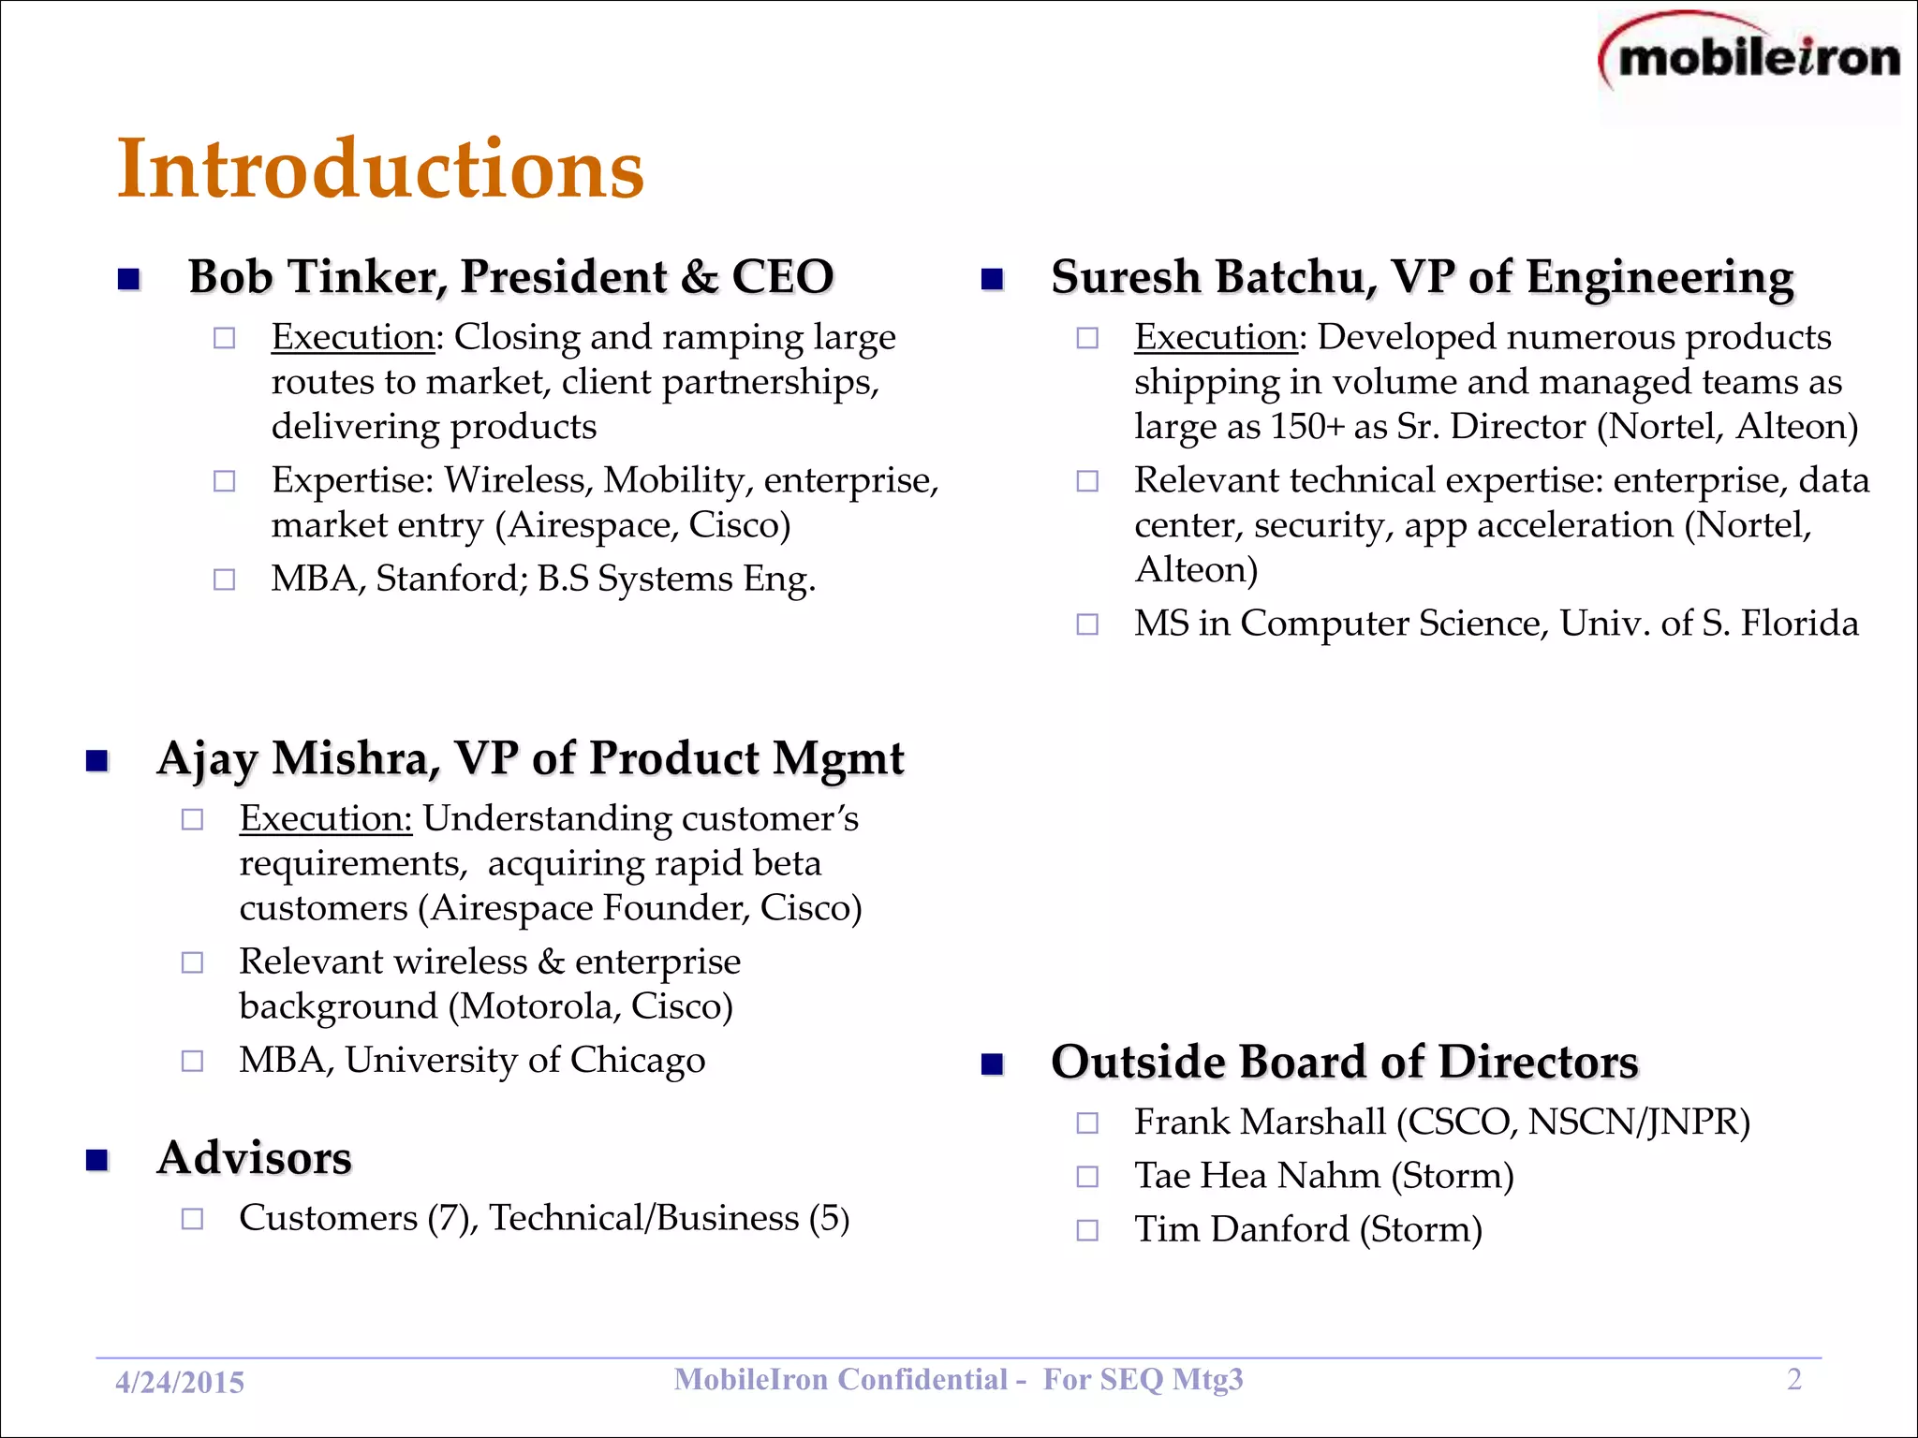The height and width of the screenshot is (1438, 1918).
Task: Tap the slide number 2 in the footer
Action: pos(1793,1379)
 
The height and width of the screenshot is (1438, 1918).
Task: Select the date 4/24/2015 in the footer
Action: pos(180,1382)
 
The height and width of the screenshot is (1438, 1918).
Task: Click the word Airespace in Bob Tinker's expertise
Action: pos(591,525)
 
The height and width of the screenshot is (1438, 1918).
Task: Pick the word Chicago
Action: pos(638,1060)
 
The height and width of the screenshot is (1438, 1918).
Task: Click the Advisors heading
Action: pos(255,1158)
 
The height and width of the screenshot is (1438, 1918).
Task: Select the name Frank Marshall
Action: pos(1260,1122)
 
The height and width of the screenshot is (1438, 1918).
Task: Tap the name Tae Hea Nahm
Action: pos(1257,1176)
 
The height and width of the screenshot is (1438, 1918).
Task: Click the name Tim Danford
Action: pos(1241,1229)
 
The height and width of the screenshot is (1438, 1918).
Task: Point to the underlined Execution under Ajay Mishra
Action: pos(325,818)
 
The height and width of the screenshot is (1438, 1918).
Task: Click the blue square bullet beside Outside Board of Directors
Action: pos(992,1064)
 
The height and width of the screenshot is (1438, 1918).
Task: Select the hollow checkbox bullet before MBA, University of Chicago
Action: pos(192,1061)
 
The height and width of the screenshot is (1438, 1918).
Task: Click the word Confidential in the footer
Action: pos(922,1379)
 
